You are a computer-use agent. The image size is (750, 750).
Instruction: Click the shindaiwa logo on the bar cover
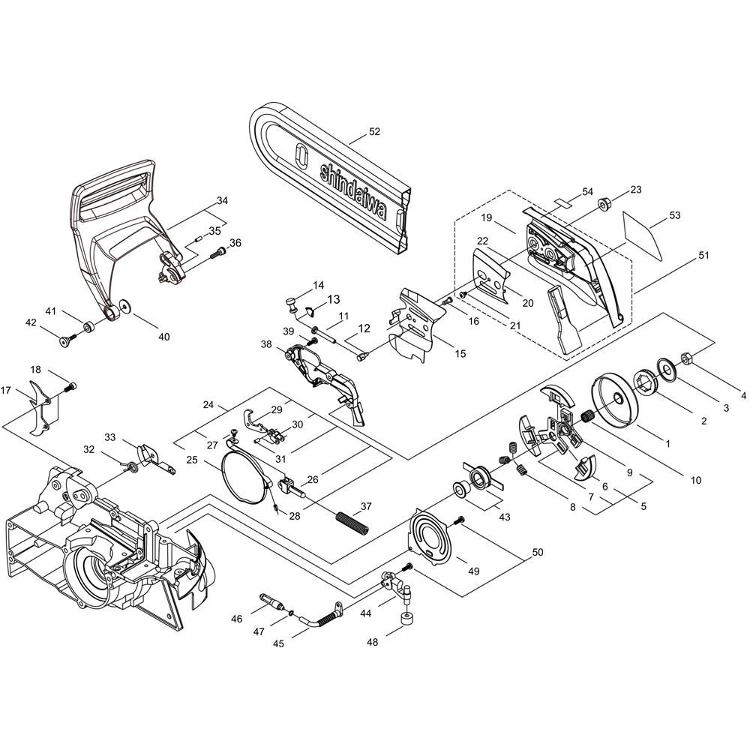point(353,191)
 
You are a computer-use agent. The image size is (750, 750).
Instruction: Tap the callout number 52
point(374,131)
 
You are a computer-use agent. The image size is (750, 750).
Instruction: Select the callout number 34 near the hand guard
point(222,201)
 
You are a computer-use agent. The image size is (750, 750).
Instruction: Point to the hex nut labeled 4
point(685,358)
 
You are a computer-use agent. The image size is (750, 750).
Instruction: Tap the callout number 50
point(538,552)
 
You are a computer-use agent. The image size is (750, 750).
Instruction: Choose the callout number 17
point(6,391)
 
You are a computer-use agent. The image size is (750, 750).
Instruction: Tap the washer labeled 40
point(127,304)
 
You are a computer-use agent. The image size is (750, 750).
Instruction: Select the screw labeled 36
point(218,253)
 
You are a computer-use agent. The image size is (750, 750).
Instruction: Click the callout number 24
point(208,405)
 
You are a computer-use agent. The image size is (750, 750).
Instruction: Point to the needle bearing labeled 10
point(587,416)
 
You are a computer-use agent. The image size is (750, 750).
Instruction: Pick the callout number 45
point(278,643)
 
